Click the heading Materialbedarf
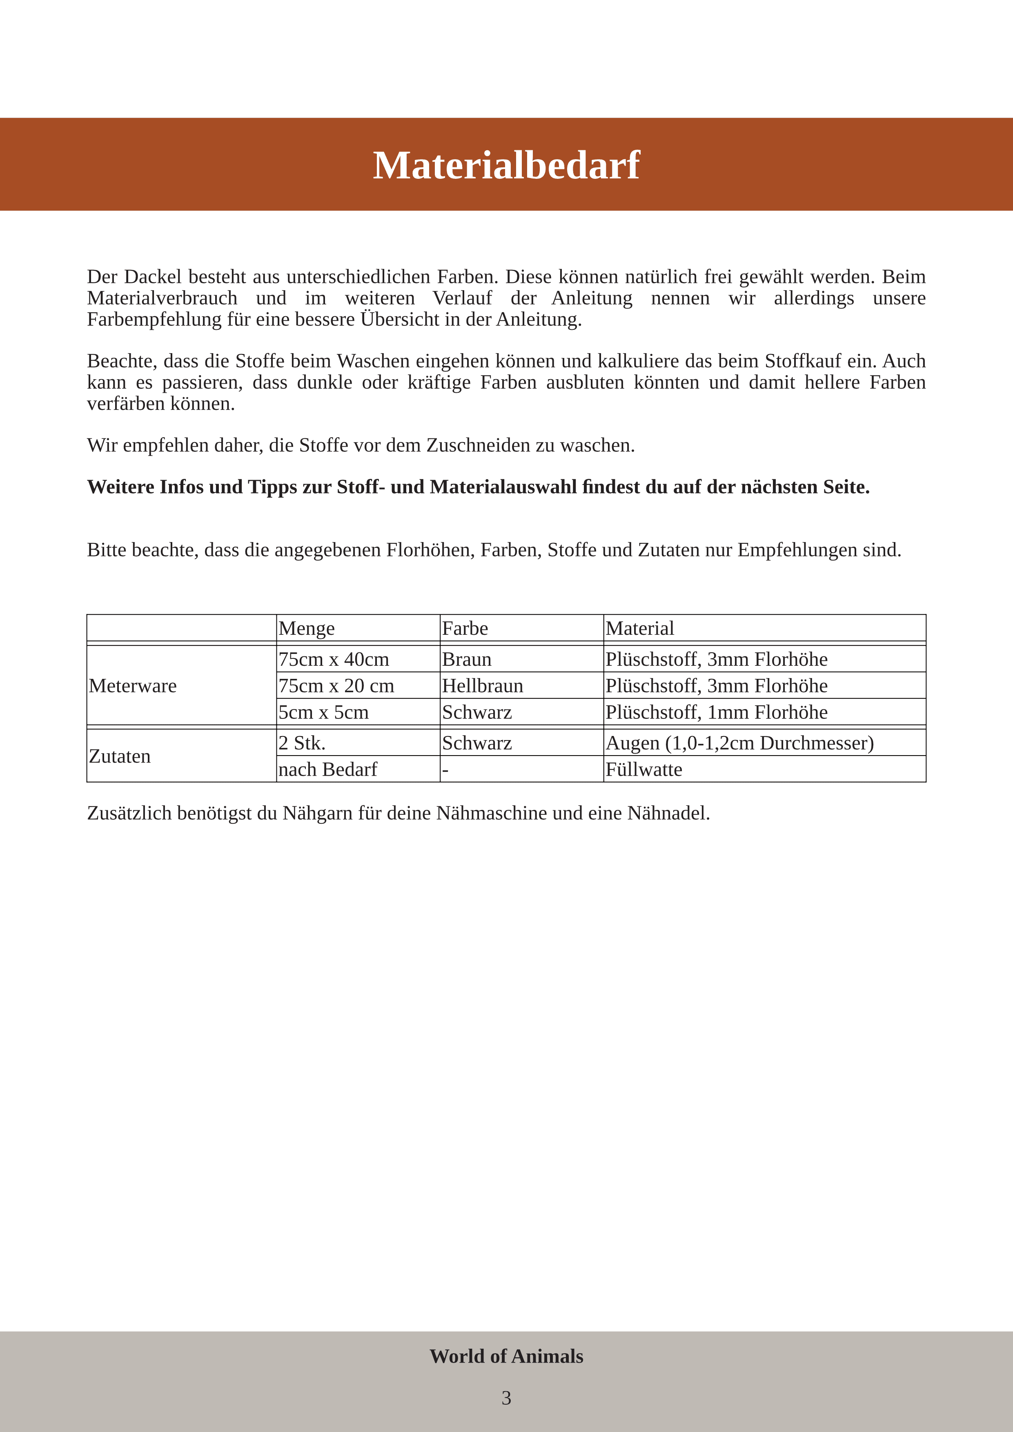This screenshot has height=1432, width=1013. [506, 165]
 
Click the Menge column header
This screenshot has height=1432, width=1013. [306, 628]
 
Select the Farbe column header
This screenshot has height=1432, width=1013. [465, 628]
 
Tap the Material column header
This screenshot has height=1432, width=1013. [639, 628]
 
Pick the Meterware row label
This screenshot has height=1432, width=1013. [133, 685]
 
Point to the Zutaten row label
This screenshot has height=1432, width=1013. [120, 756]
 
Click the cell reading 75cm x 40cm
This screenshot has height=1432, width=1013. [334, 659]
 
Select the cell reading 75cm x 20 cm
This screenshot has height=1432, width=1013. [336, 685]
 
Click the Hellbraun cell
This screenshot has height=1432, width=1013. [482, 685]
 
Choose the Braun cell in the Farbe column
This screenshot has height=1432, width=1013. [467, 659]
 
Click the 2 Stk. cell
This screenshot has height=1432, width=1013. [302, 743]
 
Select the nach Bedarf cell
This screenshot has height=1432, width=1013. [327, 769]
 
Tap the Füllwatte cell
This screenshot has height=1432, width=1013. [644, 769]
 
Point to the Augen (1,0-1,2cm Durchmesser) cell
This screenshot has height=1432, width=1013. [739, 743]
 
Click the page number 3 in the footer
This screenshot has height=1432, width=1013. [506, 1398]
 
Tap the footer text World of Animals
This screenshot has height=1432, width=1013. [506, 1356]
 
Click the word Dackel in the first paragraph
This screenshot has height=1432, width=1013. [153, 276]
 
